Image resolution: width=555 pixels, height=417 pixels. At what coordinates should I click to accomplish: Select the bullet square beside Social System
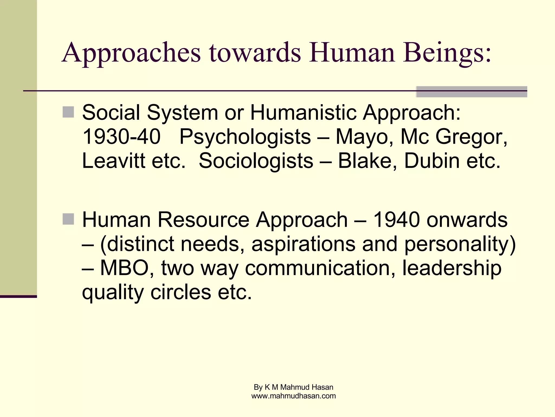click(68, 112)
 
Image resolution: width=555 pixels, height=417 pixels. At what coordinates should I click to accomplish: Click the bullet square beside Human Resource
click(68, 219)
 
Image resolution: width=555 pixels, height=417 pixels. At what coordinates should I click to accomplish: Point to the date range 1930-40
click(121, 137)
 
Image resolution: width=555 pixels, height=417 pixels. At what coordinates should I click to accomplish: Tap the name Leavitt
click(114, 161)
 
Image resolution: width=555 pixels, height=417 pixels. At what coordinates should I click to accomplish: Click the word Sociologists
click(256, 161)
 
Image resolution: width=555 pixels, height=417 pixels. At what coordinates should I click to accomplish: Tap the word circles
click(180, 292)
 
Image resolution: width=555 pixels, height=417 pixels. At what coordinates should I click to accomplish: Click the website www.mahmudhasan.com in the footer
click(293, 396)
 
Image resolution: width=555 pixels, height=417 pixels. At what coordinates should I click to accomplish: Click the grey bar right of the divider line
click(471, 92)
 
